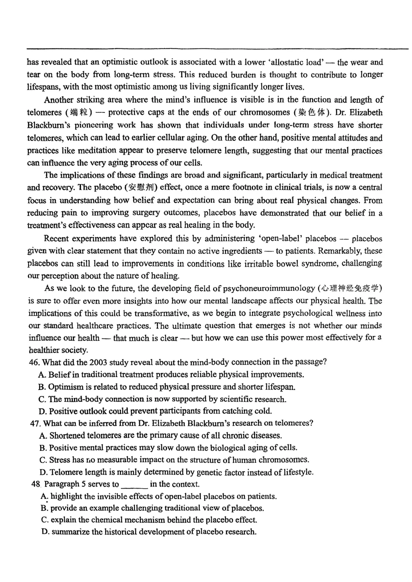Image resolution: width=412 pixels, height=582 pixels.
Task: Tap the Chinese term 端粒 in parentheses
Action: point(79,113)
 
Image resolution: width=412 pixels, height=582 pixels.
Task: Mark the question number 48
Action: point(36,484)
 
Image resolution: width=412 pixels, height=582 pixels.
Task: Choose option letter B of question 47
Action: point(42,448)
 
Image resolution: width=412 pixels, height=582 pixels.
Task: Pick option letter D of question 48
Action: point(45,532)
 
